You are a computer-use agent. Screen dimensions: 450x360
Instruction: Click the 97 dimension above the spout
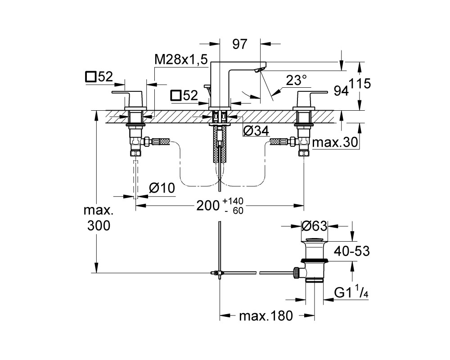pyautogui.click(x=240, y=44)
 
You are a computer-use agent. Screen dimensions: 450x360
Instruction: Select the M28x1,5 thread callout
pyautogui.click(x=181, y=60)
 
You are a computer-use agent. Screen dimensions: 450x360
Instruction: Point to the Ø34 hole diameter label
pyautogui.click(x=256, y=131)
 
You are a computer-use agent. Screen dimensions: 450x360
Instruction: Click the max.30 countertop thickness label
pyautogui.click(x=335, y=142)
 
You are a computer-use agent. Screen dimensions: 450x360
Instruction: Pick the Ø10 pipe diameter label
pyautogui.click(x=162, y=188)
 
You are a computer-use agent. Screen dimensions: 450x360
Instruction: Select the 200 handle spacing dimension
pyautogui.click(x=208, y=206)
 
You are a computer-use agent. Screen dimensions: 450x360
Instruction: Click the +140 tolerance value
pyautogui.click(x=233, y=200)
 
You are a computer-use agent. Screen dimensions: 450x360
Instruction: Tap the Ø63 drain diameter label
pyautogui.click(x=314, y=226)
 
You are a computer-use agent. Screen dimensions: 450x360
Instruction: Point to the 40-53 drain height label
pyautogui.click(x=352, y=251)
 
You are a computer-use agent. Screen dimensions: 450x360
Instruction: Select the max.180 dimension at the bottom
pyautogui.click(x=266, y=316)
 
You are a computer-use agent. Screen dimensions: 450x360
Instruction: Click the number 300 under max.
pyautogui.click(x=99, y=226)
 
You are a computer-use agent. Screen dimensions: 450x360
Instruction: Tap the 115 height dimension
pyautogui.click(x=360, y=84)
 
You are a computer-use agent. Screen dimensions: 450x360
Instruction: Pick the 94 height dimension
pyautogui.click(x=341, y=91)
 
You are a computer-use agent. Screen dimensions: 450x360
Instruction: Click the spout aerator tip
pyautogui.click(x=260, y=70)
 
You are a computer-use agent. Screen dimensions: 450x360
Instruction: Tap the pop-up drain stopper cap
pyautogui.click(x=315, y=239)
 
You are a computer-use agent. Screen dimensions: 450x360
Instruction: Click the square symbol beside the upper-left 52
pyautogui.click(x=90, y=77)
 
